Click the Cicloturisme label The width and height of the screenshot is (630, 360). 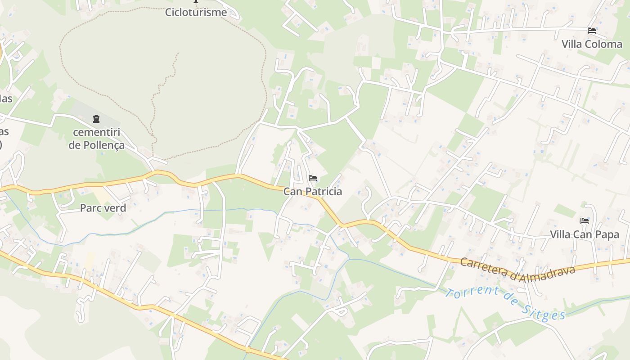click(196, 12)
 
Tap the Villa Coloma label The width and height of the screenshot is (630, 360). click(592, 44)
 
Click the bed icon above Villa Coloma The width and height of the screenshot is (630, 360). click(592, 31)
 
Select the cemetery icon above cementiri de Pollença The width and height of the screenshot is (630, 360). click(96, 119)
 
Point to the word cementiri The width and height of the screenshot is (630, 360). click(96, 132)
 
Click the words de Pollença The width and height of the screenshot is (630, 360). click(96, 146)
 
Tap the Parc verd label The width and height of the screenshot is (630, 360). click(103, 208)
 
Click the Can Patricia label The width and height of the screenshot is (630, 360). click(312, 192)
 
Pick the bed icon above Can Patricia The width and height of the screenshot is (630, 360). click(313, 178)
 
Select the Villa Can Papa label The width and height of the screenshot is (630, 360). click(585, 234)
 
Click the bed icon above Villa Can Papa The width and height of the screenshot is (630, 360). click(585, 221)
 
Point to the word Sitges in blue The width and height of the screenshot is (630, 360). click(544, 312)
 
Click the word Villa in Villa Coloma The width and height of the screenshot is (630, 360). click(572, 44)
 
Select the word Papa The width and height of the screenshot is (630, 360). click(607, 235)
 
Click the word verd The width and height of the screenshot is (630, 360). click(115, 208)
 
